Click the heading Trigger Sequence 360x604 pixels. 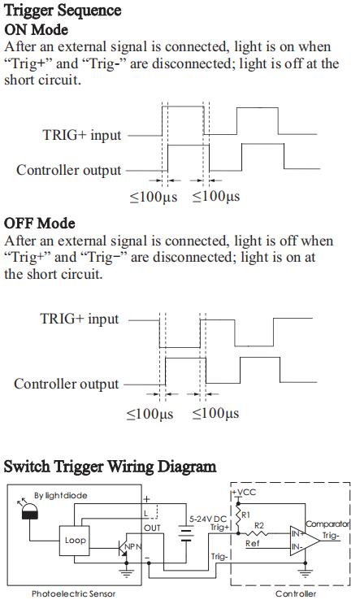[x=63, y=11]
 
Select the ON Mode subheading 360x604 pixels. [x=37, y=29]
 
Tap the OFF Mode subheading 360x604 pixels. [x=39, y=224]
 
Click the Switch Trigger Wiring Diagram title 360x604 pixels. [x=110, y=467]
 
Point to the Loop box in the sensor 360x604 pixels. [x=75, y=541]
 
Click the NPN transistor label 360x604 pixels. [x=133, y=546]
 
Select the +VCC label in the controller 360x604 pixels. [x=244, y=493]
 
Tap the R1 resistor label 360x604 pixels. [x=245, y=515]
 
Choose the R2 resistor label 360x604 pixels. [x=259, y=525]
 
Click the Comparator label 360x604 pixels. [x=327, y=524]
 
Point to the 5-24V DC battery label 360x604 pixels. [x=208, y=519]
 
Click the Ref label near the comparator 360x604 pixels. [x=253, y=543]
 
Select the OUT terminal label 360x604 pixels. [x=152, y=528]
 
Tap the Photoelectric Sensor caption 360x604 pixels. [x=73, y=593]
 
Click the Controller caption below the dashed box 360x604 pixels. [x=296, y=593]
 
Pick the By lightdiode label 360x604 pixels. [x=61, y=495]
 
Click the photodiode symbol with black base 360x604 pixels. [x=29, y=511]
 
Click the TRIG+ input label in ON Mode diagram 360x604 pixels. [x=81, y=135]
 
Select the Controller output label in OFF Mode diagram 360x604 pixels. [x=66, y=384]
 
